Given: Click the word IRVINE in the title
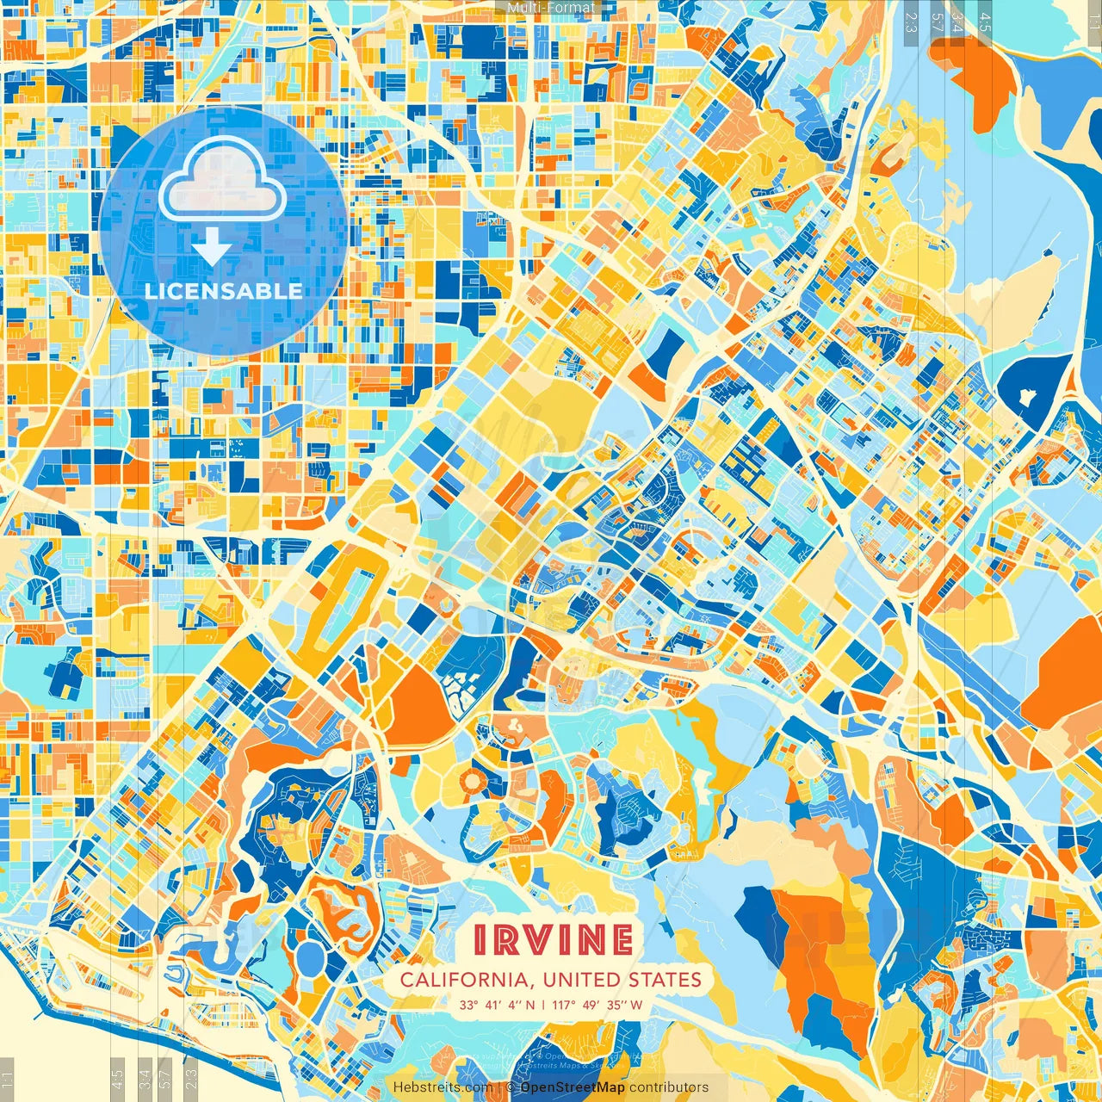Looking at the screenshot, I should pos(553,940).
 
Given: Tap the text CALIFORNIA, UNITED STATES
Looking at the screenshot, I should pos(551,980).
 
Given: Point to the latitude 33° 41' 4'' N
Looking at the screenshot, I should pos(497,1005).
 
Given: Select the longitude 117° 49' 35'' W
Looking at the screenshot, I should pos(600,1005).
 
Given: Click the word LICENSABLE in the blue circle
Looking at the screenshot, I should pos(224,291).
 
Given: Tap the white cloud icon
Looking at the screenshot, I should pos(222,178).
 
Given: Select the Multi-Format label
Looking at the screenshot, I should pos(551,8).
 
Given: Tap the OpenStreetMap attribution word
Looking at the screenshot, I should pos(573,1087).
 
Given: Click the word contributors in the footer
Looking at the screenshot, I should pos(669,1087).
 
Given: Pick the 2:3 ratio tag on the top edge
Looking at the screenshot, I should pos(911,22).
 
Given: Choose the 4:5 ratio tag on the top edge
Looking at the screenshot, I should pos(985,22).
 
